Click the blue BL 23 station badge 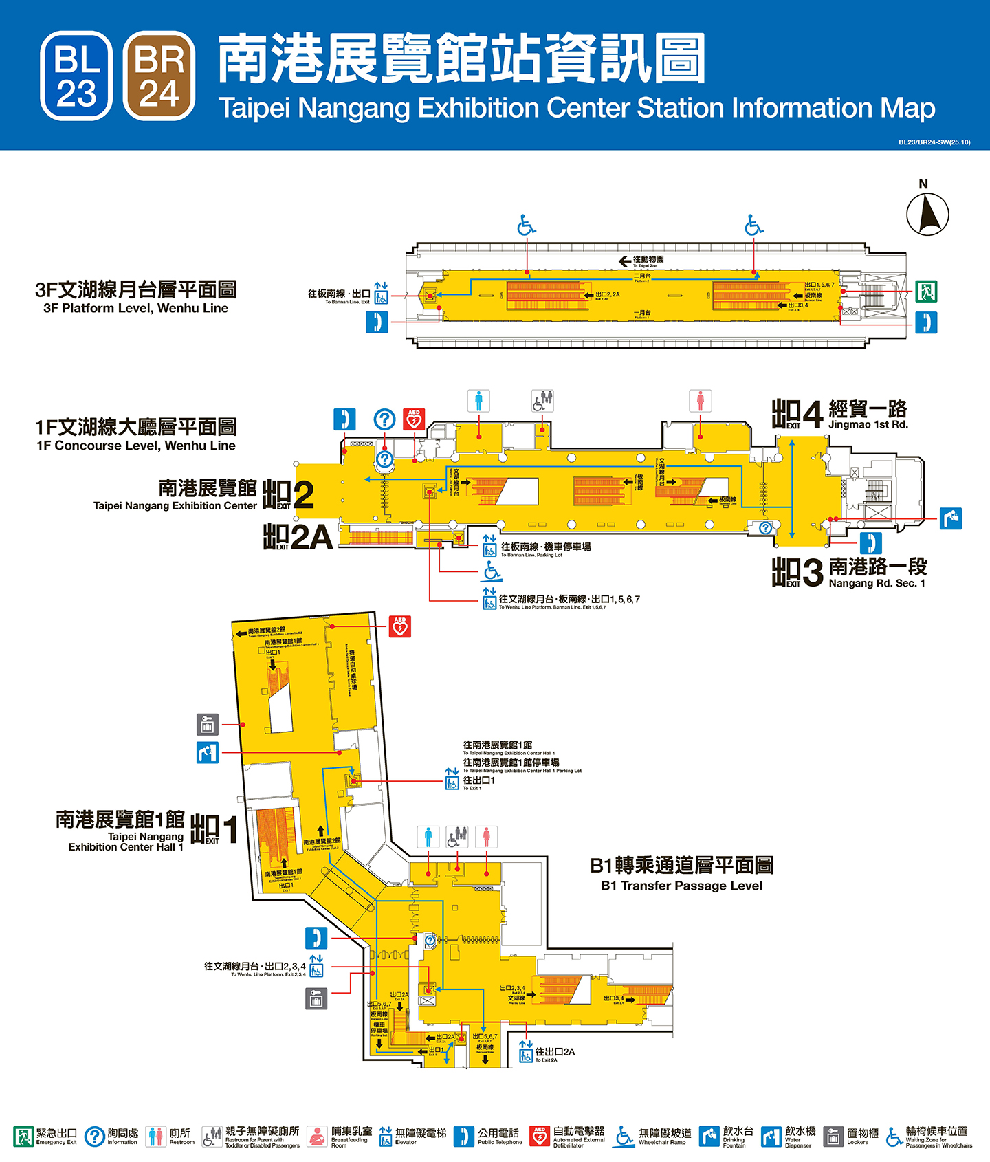pyautogui.click(x=76, y=76)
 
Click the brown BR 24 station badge pyautogui.click(x=159, y=76)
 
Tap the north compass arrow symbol pyautogui.click(x=927, y=213)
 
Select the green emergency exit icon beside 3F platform pyautogui.click(x=925, y=291)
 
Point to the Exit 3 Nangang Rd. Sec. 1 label pyautogui.click(x=849, y=573)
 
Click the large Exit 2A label pyautogui.click(x=298, y=537)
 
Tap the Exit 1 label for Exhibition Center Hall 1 pyautogui.click(x=213, y=830)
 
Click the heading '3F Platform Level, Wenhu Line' pyautogui.click(x=135, y=308)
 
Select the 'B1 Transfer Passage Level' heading pyautogui.click(x=681, y=886)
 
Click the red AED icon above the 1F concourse pyautogui.click(x=414, y=419)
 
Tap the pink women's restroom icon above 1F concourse pyautogui.click(x=700, y=401)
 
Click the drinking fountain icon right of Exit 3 pyautogui.click(x=951, y=518)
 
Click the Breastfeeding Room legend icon pyautogui.click(x=317, y=1137)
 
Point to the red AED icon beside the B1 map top pyautogui.click(x=400, y=626)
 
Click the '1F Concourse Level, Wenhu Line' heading pyautogui.click(x=135, y=446)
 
